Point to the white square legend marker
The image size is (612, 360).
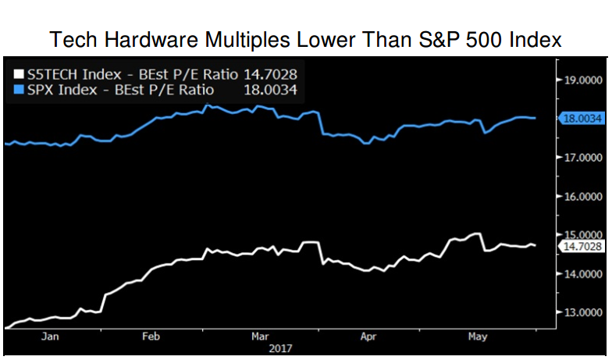[17, 74]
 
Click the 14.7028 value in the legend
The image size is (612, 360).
[271, 74]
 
